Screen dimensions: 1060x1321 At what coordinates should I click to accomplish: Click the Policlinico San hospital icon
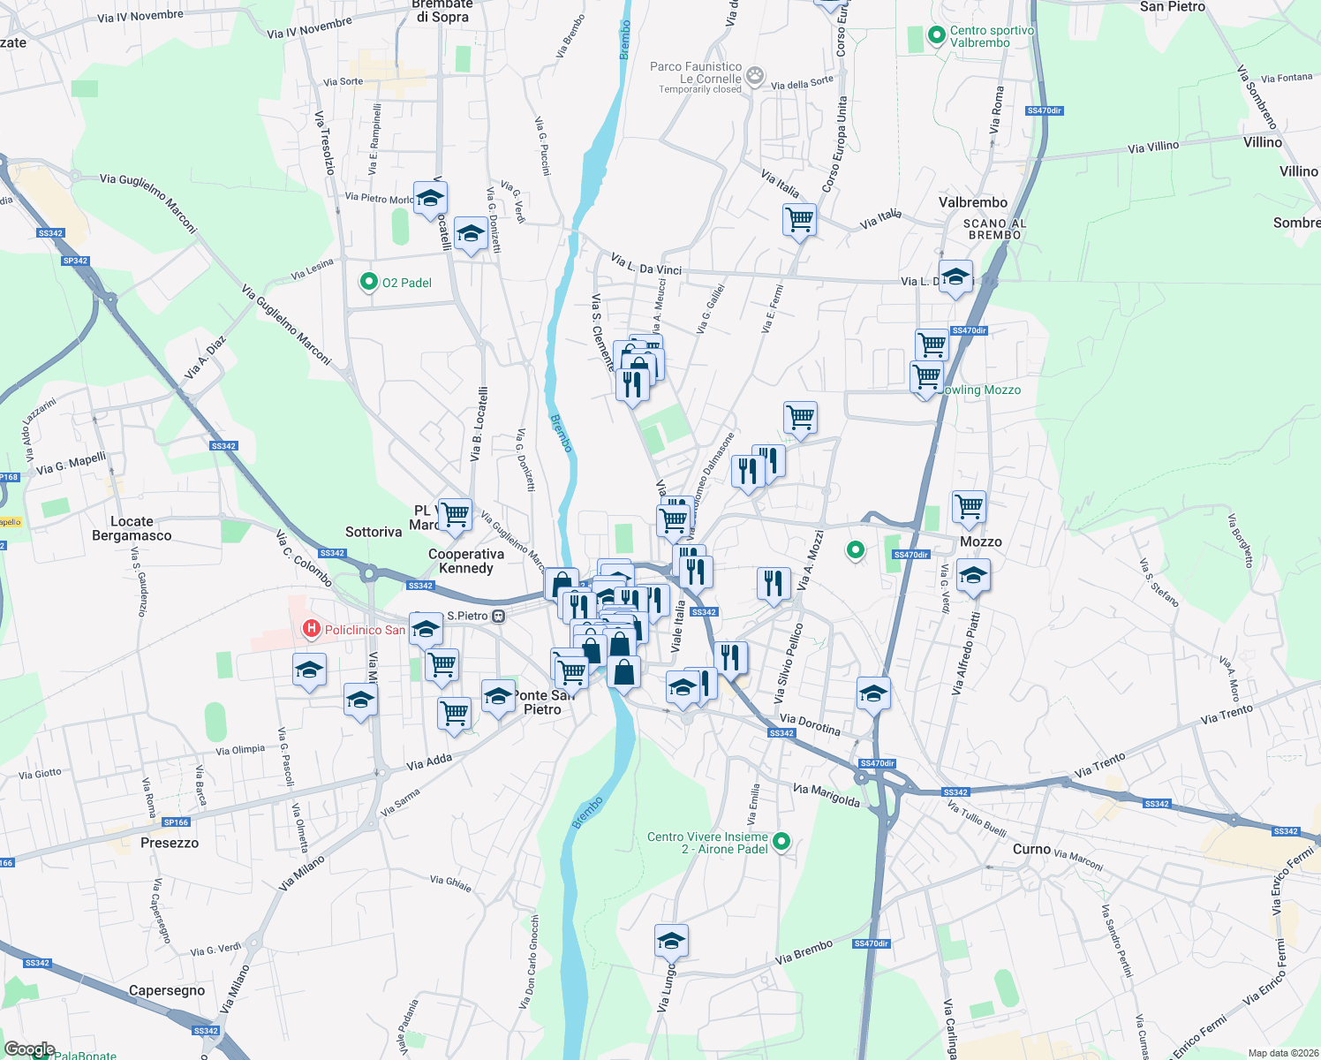pyautogui.click(x=311, y=629)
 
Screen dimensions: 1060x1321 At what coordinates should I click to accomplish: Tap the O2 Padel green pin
pyautogui.click(x=368, y=282)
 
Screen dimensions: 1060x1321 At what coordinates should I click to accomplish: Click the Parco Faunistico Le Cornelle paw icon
pyautogui.click(x=755, y=75)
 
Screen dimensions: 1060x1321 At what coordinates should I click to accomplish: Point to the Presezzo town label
pyautogui.click(x=170, y=843)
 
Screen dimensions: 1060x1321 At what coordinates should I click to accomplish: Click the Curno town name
pyautogui.click(x=1031, y=849)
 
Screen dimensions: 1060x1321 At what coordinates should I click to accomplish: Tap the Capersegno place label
pyautogui.click(x=167, y=990)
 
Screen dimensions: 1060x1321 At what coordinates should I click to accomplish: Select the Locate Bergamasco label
pyautogui.click(x=132, y=528)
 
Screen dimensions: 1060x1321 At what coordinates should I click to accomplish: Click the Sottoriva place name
pyautogui.click(x=374, y=532)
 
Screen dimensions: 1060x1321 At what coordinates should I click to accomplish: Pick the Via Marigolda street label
pyautogui.click(x=827, y=795)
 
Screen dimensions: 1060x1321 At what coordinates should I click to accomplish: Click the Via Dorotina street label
pyautogui.click(x=810, y=725)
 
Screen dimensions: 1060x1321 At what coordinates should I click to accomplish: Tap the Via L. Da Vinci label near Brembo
pyautogui.click(x=646, y=264)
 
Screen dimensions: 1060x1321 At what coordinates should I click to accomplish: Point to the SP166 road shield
pyautogui.click(x=176, y=822)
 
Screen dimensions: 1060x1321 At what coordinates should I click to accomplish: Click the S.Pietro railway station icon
pyautogui.click(x=499, y=616)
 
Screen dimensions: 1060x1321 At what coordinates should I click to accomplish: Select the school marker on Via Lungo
pyautogui.click(x=671, y=942)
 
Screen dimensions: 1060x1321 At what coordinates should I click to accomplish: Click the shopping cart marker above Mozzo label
pyautogui.click(x=969, y=507)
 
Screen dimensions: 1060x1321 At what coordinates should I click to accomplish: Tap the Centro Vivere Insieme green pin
pyautogui.click(x=781, y=842)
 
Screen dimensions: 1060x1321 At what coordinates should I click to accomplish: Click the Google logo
pyautogui.click(x=30, y=1049)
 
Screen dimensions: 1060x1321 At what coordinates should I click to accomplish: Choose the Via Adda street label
pyautogui.click(x=429, y=761)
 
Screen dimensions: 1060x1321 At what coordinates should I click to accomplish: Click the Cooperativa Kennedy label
pyautogui.click(x=466, y=561)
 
